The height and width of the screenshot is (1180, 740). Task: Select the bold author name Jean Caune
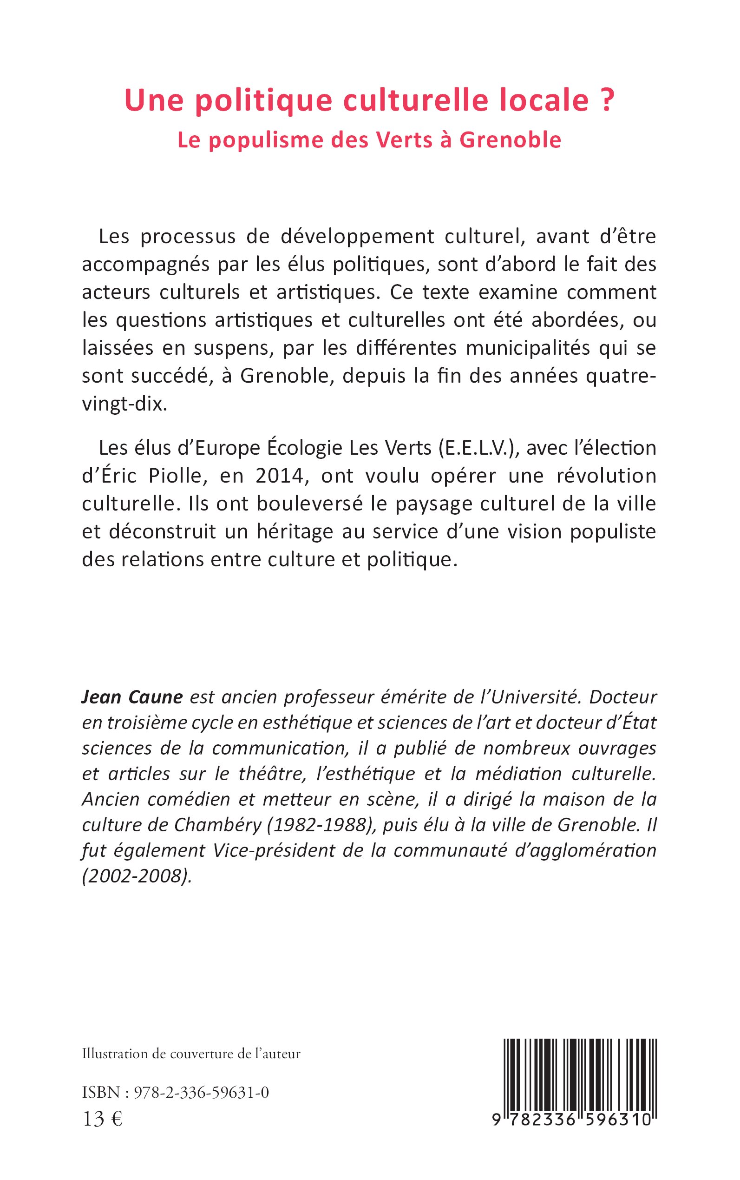coord(131,697)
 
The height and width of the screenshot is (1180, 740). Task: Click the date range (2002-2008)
coord(137,876)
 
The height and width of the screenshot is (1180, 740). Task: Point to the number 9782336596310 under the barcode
coord(572,1118)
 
